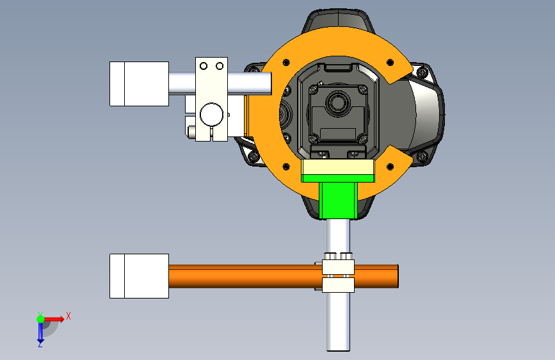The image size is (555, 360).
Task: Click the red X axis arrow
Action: [54, 319]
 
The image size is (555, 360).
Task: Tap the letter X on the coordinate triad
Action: [68, 316]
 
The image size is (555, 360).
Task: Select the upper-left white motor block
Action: [139, 84]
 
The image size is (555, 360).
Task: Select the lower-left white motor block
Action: [139, 276]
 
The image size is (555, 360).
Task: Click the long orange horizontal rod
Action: [283, 276]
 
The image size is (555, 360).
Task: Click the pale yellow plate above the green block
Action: [338, 167]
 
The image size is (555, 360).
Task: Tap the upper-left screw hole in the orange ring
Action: [286, 63]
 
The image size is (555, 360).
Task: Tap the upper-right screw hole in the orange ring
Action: [390, 63]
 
